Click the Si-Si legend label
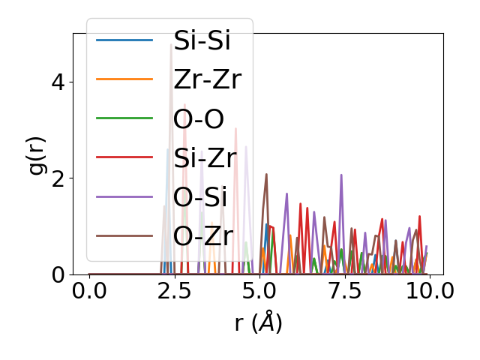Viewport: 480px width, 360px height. click(202, 40)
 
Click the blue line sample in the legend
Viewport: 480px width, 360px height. click(124, 40)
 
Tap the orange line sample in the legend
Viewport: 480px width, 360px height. click(124, 79)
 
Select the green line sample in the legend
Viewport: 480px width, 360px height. click(124, 118)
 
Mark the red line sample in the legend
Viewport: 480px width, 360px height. click(124, 157)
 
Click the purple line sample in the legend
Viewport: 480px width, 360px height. click(124, 196)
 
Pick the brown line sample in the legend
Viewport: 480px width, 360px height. click(124, 235)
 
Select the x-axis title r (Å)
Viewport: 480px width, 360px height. click(258, 322)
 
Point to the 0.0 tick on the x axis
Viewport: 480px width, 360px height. click(89, 291)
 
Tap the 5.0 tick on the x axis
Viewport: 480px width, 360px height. click(259, 291)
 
